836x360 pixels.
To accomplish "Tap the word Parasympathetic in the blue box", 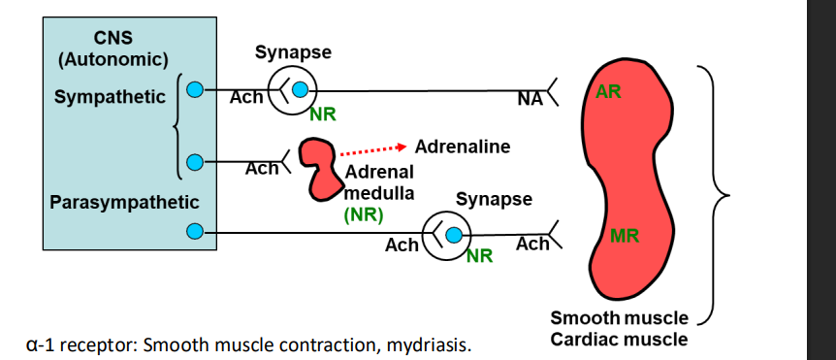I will [x=124, y=203].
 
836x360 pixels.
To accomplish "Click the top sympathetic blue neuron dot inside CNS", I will [x=194, y=91].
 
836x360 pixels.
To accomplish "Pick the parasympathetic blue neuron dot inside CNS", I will [x=194, y=232].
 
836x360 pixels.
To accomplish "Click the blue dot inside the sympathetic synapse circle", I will [x=300, y=91].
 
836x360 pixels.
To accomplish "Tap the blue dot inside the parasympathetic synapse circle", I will [x=451, y=233].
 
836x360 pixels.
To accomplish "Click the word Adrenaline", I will [x=462, y=147].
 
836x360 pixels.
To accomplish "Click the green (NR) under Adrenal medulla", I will [x=364, y=213].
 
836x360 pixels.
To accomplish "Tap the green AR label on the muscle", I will [x=609, y=92].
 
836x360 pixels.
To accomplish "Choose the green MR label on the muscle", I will [x=625, y=236].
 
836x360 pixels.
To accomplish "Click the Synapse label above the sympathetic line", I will [x=293, y=51].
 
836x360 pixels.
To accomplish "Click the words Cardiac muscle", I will [x=619, y=339].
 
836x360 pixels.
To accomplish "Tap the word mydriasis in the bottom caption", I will [x=436, y=344].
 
